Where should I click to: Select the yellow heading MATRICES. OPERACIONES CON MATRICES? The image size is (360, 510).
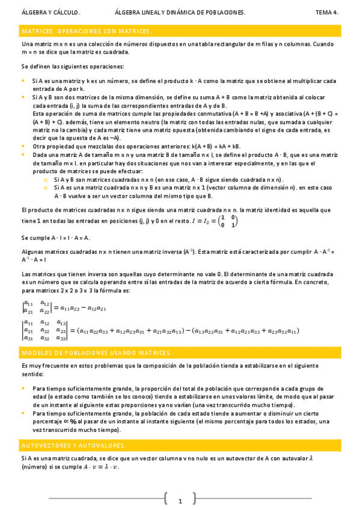[87, 31]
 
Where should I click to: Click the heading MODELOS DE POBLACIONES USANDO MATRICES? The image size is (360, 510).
[97, 352]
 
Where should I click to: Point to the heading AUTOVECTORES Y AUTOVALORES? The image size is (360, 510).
[73, 446]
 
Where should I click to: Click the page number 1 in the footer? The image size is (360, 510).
[179, 500]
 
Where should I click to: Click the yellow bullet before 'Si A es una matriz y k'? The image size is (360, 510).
[23, 81]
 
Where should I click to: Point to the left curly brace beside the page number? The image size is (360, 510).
[165, 499]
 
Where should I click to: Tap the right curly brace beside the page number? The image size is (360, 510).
[194, 499]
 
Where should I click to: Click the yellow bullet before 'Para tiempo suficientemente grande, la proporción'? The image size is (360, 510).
[23, 389]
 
